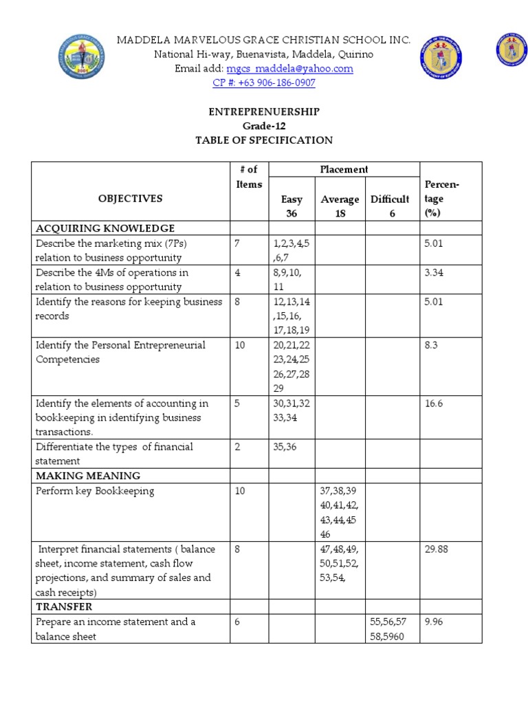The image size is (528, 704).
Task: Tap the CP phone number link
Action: [264, 83]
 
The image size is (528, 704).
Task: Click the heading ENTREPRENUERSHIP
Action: [264, 111]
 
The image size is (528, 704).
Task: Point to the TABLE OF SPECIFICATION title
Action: [264, 140]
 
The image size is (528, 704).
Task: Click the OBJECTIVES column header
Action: [130, 199]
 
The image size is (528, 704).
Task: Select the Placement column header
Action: [344, 169]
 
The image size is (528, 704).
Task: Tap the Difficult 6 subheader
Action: [390, 206]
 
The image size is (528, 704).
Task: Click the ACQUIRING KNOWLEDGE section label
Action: [104, 228]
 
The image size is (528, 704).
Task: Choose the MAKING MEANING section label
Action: [88, 476]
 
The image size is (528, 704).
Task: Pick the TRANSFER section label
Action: [64, 607]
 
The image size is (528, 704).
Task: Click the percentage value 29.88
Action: [437, 549]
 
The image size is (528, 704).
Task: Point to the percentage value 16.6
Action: [433, 404]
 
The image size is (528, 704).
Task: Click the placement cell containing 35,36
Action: [287, 447]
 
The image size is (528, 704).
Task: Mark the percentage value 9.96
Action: [434, 622]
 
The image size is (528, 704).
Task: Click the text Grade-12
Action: [264, 126]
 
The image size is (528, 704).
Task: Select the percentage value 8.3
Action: [431, 345]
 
